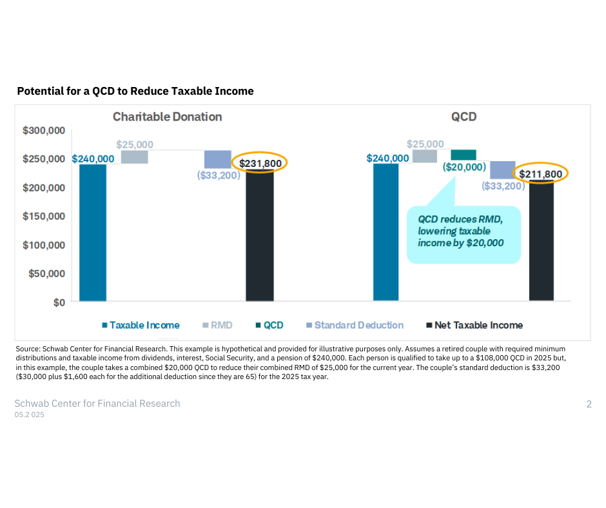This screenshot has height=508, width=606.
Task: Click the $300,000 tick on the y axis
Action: [x=44, y=130]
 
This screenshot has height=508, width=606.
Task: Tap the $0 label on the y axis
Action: [x=59, y=302]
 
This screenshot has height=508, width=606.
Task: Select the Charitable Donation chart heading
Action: [x=167, y=117]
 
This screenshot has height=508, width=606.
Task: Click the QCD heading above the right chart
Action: [x=464, y=117]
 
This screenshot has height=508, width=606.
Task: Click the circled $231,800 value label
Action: [x=260, y=163]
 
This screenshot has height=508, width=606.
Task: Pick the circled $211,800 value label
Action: [x=541, y=174]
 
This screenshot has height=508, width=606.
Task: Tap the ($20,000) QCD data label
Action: [x=464, y=167]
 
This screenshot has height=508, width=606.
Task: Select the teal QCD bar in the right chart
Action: [x=464, y=155]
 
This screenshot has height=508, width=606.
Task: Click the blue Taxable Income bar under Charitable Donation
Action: [x=92, y=232]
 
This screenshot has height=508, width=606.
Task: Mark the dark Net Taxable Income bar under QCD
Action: [x=541, y=242]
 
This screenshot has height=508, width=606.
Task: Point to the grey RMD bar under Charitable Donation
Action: [x=135, y=157]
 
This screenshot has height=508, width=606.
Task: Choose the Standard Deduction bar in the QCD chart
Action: [x=502, y=170]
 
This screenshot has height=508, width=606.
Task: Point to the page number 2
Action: [x=589, y=404]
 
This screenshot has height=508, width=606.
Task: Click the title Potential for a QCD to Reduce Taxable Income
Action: [x=135, y=91]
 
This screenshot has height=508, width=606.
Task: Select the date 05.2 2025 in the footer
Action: [x=30, y=415]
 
